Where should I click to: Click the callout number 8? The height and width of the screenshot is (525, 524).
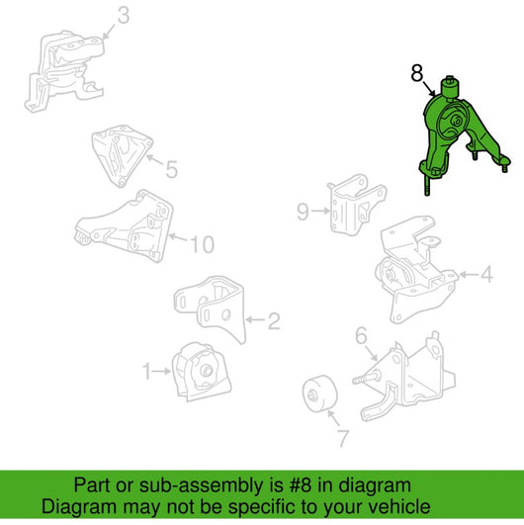(x=417, y=73)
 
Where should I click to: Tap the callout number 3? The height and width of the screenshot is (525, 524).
(x=124, y=16)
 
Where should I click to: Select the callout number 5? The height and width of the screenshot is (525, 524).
(x=171, y=169)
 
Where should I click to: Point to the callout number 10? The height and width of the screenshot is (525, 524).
(x=203, y=244)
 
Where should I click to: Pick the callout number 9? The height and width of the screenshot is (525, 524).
(x=303, y=212)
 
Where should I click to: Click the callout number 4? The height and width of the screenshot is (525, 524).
(x=486, y=275)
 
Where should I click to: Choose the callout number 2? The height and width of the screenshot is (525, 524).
(x=274, y=320)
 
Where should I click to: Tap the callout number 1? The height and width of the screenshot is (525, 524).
(x=147, y=372)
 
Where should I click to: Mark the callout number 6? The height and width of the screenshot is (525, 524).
(x=361, y=335)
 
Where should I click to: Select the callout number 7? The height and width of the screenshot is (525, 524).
(x=343, y=438)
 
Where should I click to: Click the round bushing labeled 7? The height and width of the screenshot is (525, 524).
(x=319, y=394)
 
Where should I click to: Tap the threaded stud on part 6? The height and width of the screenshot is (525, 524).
(x=363, y=380)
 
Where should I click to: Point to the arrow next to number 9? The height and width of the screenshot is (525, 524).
(x=320, y=211)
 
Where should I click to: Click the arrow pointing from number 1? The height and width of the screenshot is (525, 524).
(x=162, y=371)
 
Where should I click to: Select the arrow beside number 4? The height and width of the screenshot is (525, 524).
(x=469, y=275)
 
